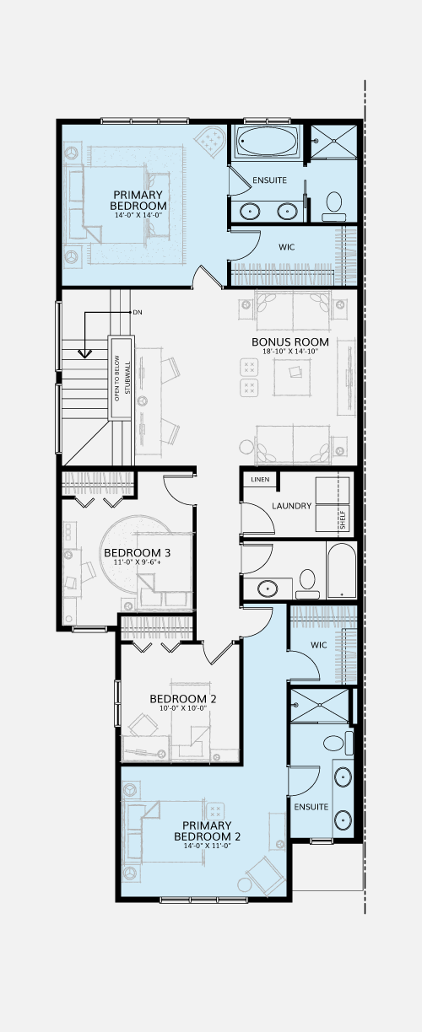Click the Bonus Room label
[290, 342]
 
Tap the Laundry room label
[291, 506]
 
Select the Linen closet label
[260, 480]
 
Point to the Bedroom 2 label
[183, 699]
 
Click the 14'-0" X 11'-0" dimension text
[207, 846]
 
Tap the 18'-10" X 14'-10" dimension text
[290, 351]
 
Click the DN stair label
[138, 312]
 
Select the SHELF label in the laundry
[343, 519]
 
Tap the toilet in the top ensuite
[334, 207]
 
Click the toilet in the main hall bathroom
[307, 583]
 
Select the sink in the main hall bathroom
[268, 589]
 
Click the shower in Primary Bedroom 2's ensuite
[319, 706]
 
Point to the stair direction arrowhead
[85, 353]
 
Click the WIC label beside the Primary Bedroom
[286, 247]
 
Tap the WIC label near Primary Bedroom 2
[319, 645]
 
